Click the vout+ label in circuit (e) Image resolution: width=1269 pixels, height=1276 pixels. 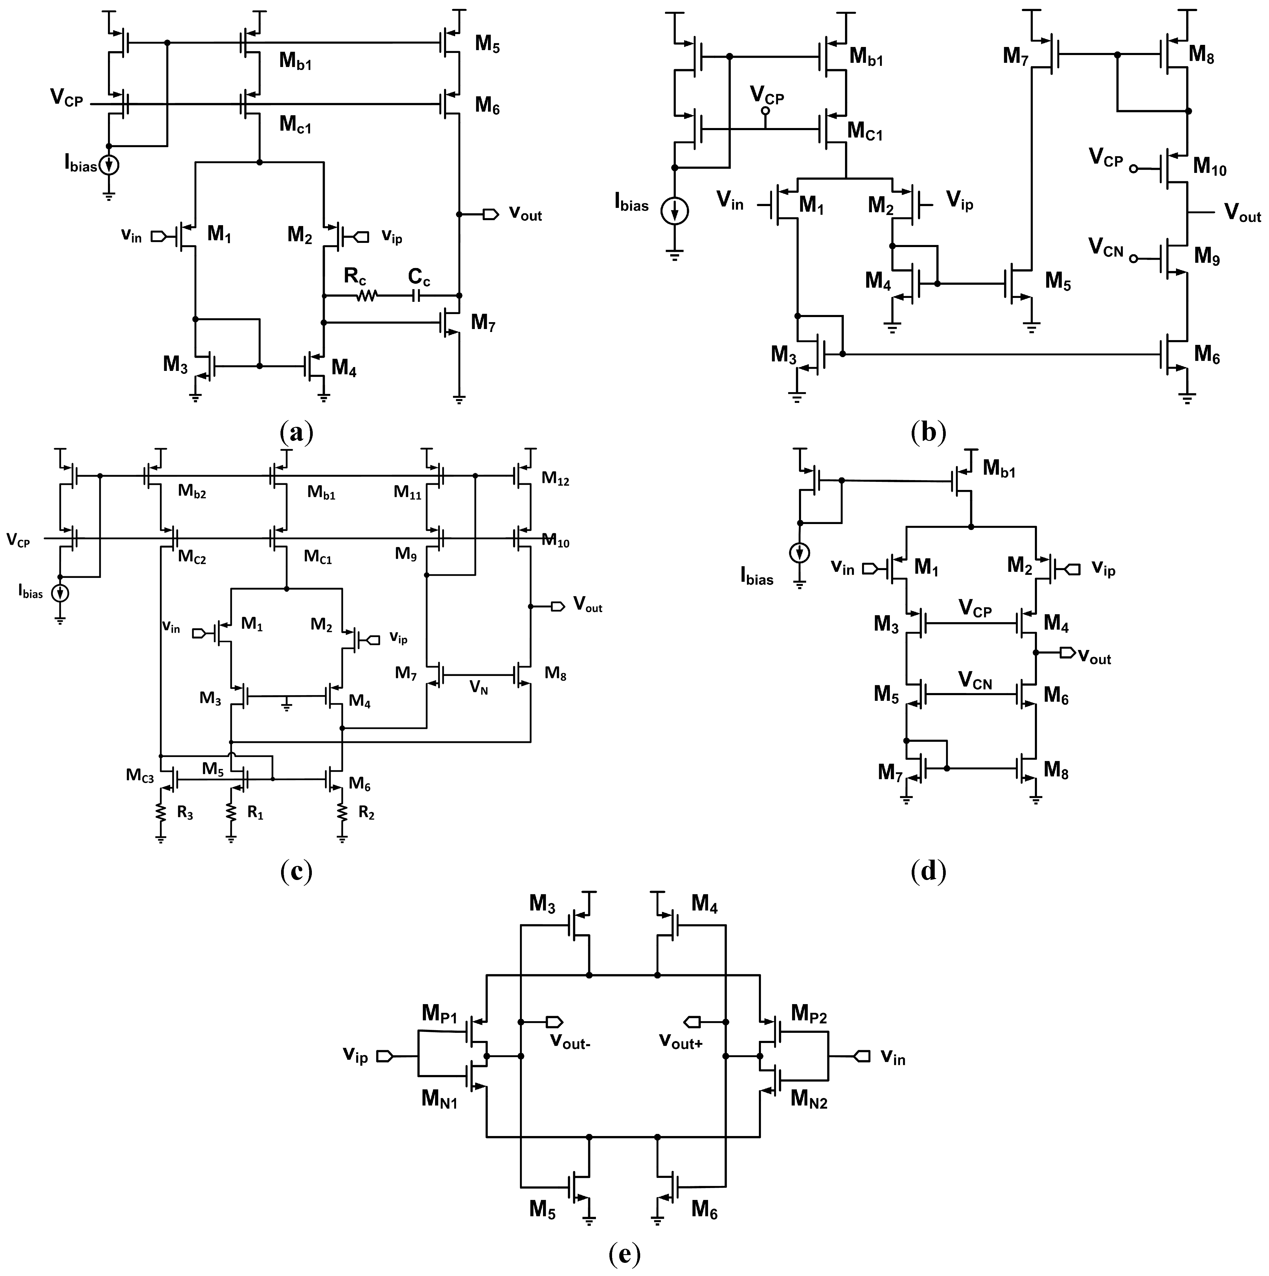(680, 1042)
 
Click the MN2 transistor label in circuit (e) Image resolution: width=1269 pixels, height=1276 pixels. (809, 1100)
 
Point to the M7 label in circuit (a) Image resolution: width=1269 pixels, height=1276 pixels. (483, 323)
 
